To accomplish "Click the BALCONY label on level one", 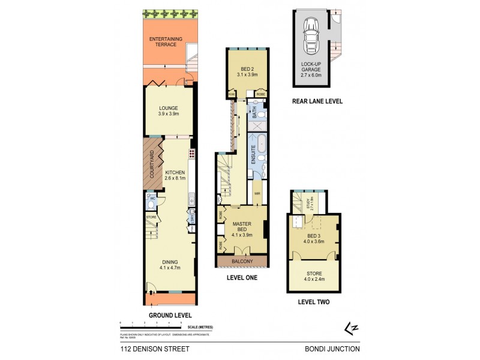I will (242, 262).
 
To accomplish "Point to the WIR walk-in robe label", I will (256, 194).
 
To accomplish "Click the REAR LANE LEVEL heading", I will (317, 101).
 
